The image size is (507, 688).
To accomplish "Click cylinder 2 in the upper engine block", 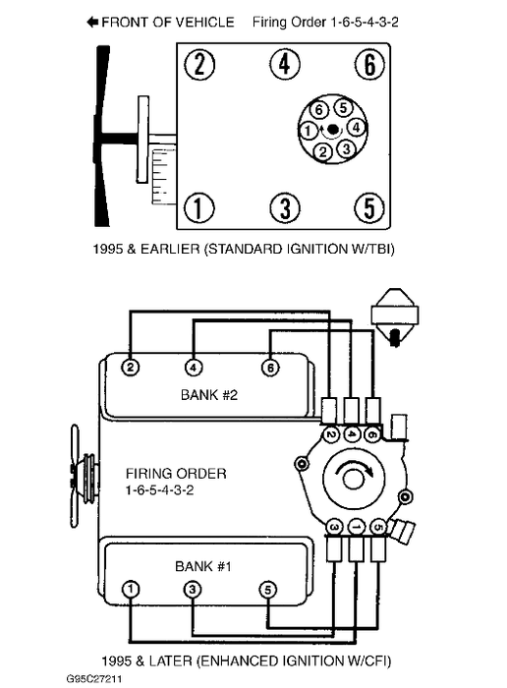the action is point(199,64).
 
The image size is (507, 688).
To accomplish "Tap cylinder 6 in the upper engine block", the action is point(369,64).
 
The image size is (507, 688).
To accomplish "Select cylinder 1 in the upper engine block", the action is point(198,207).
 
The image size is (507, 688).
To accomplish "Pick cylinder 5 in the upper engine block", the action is point(369,207).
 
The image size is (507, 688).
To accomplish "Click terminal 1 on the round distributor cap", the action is point(308,131).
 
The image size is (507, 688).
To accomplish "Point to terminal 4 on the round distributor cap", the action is point(356,128).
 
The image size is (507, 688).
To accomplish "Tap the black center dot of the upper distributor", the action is point(333,129).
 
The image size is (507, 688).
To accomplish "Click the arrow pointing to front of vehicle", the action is point(92,22).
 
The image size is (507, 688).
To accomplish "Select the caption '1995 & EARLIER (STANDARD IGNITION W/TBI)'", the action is point(244,250).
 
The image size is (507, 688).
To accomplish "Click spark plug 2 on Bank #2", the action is point(130,368).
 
